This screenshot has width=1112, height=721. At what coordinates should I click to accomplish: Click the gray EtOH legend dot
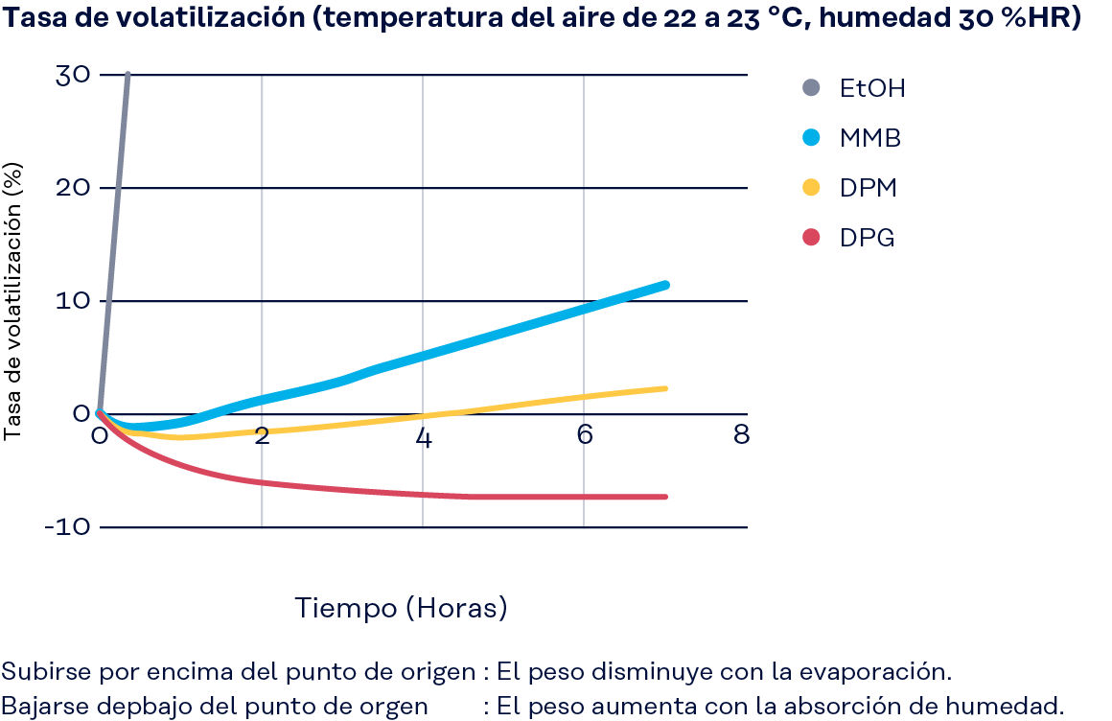point(812,88)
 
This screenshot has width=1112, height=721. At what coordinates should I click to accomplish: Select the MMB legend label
point(870,138)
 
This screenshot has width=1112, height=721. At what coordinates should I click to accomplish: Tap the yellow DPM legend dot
point(812,188)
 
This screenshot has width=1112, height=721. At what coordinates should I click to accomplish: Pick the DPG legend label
point(867,238)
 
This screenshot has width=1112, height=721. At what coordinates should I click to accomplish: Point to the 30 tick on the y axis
point(73,76)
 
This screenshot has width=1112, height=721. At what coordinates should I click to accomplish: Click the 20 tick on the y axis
point(73,188)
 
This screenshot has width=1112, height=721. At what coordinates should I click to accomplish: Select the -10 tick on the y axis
point(67,527)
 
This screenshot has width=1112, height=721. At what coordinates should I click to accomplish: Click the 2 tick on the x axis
point(262,436)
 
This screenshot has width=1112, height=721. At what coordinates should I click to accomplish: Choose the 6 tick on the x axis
point(584,436)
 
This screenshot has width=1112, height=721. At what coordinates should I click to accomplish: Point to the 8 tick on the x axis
point(741,436)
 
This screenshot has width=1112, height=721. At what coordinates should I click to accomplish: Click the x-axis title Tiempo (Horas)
point(401,608)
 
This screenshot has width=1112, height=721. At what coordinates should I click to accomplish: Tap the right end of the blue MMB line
point(664,285)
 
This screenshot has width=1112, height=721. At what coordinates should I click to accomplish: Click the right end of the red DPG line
point(664,497)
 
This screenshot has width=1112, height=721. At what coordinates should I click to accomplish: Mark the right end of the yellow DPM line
point(664,388)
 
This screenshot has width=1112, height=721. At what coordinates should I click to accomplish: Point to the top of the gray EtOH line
point(127,75)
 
